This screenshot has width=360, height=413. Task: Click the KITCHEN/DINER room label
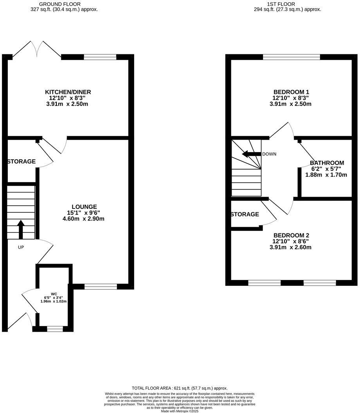(x=68, y=92)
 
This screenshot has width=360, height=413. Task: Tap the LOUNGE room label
(x=84, y=206)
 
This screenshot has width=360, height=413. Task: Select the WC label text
(x=54, y=294)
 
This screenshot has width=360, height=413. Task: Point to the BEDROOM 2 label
(x=291, y=235)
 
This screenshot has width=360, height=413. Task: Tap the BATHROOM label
(x=327, y=163)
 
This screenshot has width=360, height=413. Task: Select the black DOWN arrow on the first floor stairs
(x=251, y=154)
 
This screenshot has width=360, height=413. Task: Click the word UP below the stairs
(x=21, y=247)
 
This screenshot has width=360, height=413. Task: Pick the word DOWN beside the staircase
(x=269, y=154)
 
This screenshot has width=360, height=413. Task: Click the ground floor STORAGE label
(x=22, y=162)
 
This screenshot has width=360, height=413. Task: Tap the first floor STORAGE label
(x=245, y=214)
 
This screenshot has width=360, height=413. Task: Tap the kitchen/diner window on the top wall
(x=100, y=57)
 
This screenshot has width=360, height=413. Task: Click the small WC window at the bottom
(x=55, y=329)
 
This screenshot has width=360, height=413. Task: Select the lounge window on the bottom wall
(x=101, y=287)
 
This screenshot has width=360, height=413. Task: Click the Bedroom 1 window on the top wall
(x=292, y=57)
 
